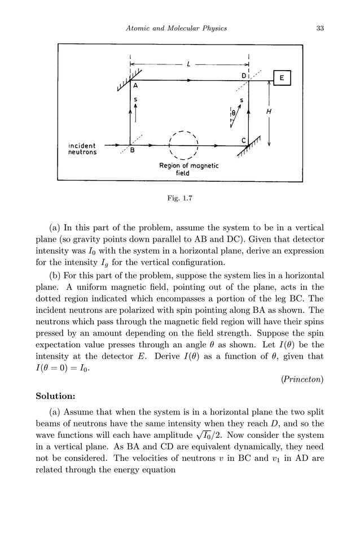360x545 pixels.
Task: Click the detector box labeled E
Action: tap(282, 78)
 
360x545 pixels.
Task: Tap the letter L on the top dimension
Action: tap(188, 65)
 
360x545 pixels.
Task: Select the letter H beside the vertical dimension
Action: tap(269, 112)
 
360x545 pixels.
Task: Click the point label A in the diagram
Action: tap(135, 86)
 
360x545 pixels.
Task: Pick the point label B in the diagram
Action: tap(132, 151)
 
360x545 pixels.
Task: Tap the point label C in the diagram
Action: tap(243, 140)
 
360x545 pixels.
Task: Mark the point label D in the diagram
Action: tap(244, 76)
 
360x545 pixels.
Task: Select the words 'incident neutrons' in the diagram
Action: tap(82, 149)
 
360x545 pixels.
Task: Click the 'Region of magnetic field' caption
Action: tap(188, 169)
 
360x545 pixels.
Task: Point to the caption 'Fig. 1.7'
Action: tap(179, 198)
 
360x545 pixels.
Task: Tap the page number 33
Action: tap(320, 28)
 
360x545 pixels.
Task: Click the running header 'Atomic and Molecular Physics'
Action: tap(176, 28)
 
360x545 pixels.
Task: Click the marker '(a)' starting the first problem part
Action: tap(55, 228)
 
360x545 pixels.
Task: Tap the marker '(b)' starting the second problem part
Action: tap(55, 276)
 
